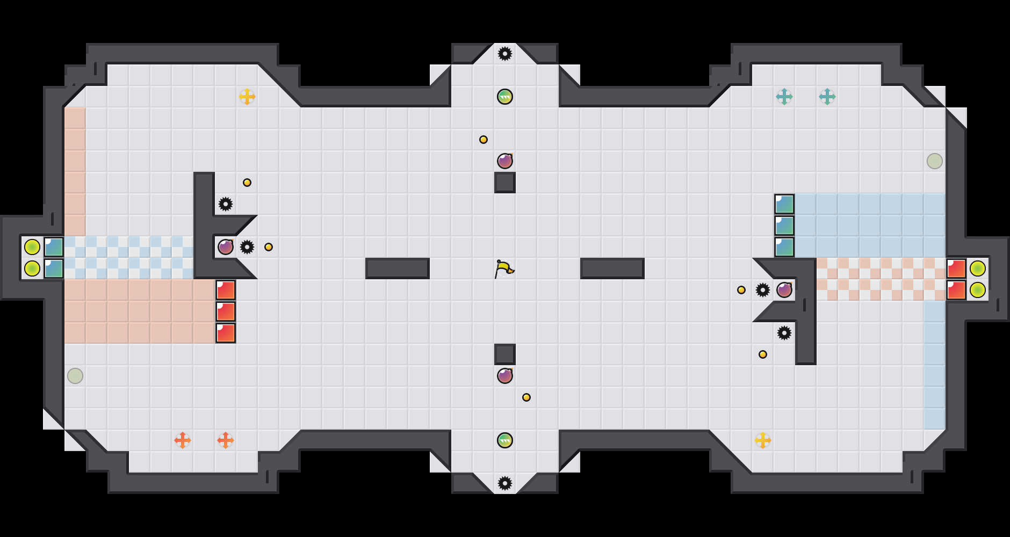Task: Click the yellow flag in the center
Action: (x=503, y=268)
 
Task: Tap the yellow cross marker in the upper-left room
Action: (x=247, y=97)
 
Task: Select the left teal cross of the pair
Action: (x=784, y=97)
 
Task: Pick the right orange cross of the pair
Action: (x=226, y=440)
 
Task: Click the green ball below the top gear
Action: (x=505, y=97)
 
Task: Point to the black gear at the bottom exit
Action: (x=505, y=483)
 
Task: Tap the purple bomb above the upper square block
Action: (x=505, y=161)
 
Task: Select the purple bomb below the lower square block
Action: (x=505, y=376)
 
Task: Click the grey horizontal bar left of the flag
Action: (x=398, y=268)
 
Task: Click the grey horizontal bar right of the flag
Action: (x=612, y=268)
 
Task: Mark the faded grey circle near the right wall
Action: (x=935, y=161)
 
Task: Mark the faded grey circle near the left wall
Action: (x=75, y=376)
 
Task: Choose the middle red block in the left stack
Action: (x=226, y=311)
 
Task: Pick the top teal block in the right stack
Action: (x=784, y=204)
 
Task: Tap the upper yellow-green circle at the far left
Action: (x=32, y=247)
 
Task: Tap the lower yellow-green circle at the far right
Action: (x=978, y=290)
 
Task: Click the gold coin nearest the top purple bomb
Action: (x=484, y=140)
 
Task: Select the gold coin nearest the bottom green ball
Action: (x=526, y=397)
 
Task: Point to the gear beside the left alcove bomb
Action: (x=247, y=247)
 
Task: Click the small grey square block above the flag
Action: (x=505, y=183)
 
